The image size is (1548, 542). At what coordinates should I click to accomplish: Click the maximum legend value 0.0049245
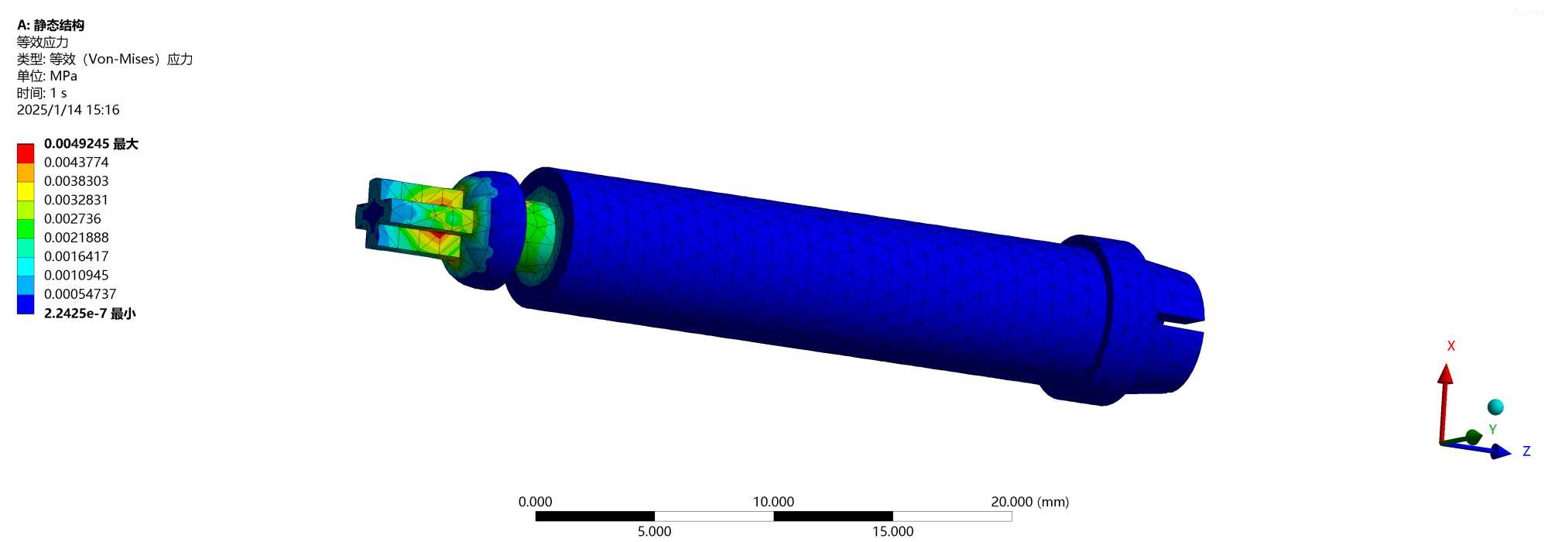(x=77, y=144)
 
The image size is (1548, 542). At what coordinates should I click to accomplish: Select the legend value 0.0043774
(x=77, y=163)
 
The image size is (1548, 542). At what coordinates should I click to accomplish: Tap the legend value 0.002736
(x=73, y=219)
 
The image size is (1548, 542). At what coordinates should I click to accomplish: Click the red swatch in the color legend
(x=26, y=153)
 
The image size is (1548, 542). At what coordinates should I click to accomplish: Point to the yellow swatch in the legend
(x=26, y=191)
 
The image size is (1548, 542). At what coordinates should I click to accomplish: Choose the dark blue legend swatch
(x=26, y=304)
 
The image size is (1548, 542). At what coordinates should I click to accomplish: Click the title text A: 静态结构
(x=51, y=26)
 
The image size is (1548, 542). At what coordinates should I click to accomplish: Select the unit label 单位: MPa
(x=47, y=76)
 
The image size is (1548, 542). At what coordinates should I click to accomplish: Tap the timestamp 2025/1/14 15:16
(x=68, y=110)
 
